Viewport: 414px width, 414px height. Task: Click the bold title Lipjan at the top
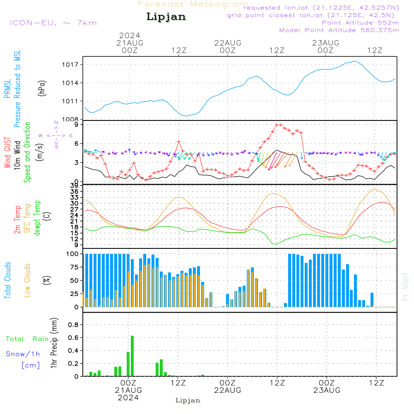click(166, 17)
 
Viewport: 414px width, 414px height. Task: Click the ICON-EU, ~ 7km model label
click(53, 23)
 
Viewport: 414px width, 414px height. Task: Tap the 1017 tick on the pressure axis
click(71, 65)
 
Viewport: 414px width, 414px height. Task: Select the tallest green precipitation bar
click(132, 356)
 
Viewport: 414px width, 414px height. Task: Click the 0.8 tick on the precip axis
click(73, 325)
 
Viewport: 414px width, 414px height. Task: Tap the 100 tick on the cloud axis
click(72, 254)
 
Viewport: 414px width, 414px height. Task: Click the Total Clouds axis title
click(7, 280)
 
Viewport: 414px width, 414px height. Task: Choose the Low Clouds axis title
click(27, 280)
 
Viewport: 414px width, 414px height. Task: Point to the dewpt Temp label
click(37, 218)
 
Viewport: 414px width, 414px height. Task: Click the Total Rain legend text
click(27, 339)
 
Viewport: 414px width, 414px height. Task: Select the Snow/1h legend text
click(23, 354)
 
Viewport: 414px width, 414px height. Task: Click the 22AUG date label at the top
click(228, 43)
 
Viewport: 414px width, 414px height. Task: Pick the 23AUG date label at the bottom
click(327, 390)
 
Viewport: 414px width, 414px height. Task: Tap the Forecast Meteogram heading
click(193, 5)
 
